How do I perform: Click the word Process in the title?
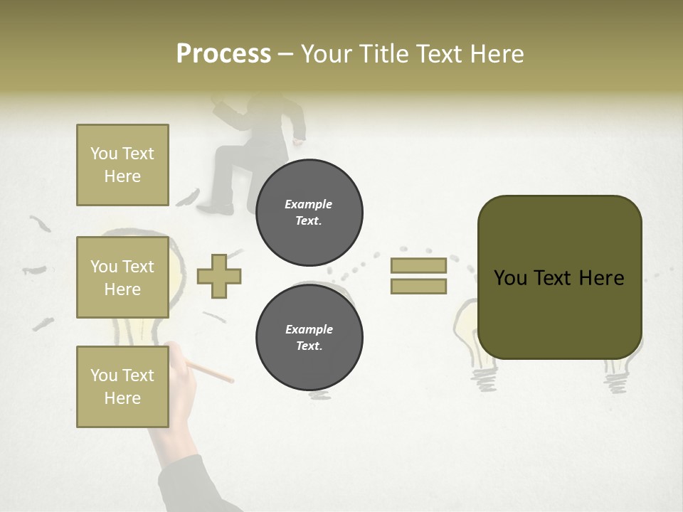coord(223,54)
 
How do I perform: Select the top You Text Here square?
coord(122,165)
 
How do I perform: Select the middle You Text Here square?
coord(122,277)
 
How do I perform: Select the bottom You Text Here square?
coord(122,386)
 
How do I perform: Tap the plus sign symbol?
coord(219,276)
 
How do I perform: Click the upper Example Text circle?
coord(309,212)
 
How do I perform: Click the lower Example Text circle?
coord(309,337)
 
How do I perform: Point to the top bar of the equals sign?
coord(418,265)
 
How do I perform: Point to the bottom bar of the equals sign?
coord(418,287)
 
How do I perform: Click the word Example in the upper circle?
coord(309,204)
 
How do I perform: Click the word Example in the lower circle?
coord(309,329)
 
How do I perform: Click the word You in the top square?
coord(102,154)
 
